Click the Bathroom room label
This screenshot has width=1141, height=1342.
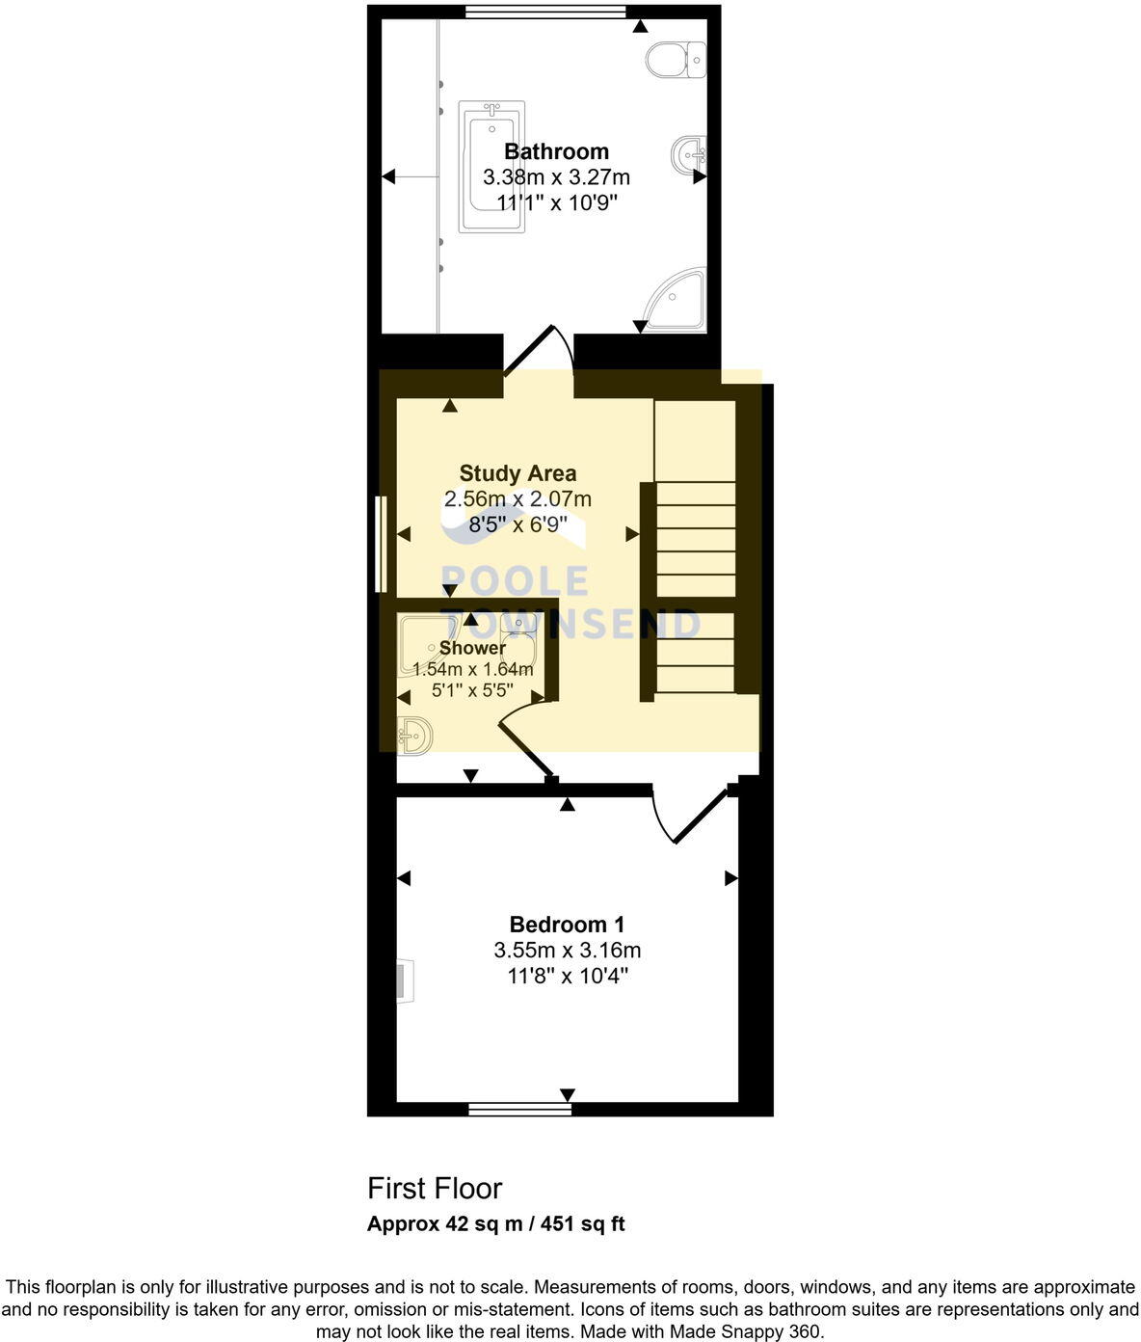coord(556,151)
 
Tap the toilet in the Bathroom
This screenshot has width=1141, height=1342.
coord(676,60)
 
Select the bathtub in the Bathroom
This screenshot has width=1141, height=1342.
coord(491,168)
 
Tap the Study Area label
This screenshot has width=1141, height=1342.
coord(517,473)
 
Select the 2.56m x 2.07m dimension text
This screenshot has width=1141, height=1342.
coord(517,499)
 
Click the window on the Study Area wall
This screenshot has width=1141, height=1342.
coord(381,544)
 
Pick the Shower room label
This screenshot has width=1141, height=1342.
coord(472,648)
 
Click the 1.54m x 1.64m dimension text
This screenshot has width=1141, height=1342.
coord(472,669)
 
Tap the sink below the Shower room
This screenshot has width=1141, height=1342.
coord(415,736)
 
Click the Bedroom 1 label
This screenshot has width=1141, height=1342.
coord(567,925)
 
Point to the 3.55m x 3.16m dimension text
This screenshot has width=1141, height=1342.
coord(567,951)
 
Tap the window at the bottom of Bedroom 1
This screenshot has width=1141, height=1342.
coord(519,1110)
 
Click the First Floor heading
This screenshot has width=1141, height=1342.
coord(435,1188)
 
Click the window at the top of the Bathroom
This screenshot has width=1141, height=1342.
coord(544,12)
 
